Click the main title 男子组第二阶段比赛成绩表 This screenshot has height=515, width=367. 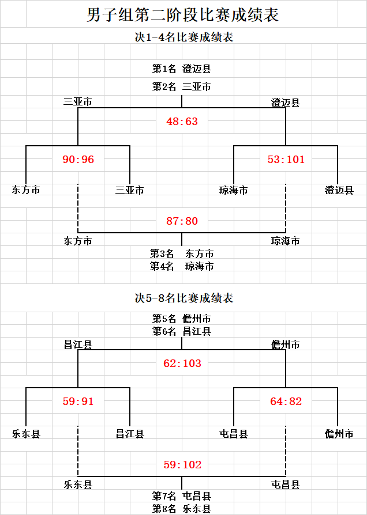point(183,15)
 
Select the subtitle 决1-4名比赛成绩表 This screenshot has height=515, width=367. point(184,37)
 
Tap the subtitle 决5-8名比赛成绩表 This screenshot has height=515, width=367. point(184,298)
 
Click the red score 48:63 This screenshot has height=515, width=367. point(182,122)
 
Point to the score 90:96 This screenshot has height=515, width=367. point(78,160)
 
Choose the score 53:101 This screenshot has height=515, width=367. point(286,160)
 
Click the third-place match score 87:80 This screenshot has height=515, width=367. point(182,221)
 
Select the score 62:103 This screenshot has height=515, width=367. point(182,363)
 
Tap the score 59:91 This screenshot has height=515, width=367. point(78,402)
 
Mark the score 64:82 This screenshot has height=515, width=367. point(286,402)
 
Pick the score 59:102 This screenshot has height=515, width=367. point(182,465)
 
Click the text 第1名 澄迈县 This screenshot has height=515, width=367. point(181,69)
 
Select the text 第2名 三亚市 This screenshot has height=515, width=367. point(181,87)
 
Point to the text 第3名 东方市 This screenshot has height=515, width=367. point(182,253)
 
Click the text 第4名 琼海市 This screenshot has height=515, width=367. point(182,266)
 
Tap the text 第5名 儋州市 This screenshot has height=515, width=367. point(181,319)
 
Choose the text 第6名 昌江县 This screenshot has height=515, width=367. point(181,331)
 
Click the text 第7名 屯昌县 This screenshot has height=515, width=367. point(181,496)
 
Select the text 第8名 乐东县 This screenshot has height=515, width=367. point(181,509)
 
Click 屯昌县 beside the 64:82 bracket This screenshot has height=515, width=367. point(233,434)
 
